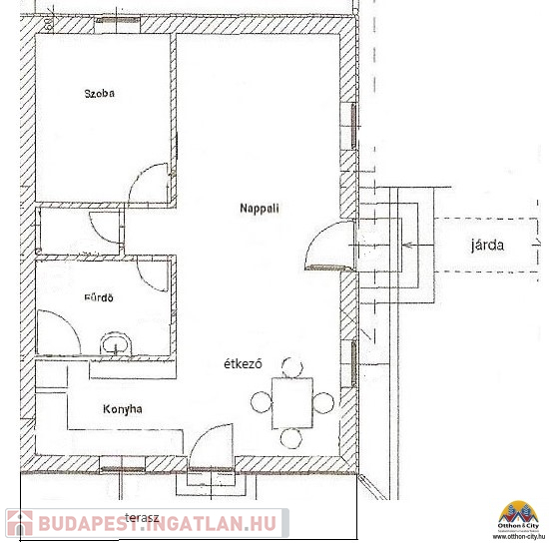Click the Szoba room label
[x=99, y=94]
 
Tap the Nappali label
[x=260, y=209]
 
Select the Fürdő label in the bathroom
[x=99, y=297]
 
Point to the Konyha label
[x=123, y=409]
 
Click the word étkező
[x=243, y=364]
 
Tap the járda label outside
[x=487, y=246]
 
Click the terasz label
[x=142, y=518]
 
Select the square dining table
[x=292, y=403]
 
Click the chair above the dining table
[x=292, y=367]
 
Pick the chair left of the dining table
[x=262, y=402]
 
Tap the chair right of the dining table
[x=323, y=403]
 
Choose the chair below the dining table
[x=290, y=438]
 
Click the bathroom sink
[x=116, y=343]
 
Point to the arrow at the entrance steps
[x=419, y=246]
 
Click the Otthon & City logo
[x=518, y=520]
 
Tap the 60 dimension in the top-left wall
[x=49, y=23]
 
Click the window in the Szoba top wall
[x=118, y=20]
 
